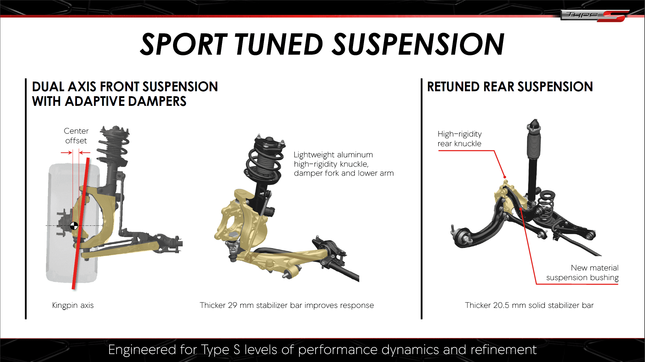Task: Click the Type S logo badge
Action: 594,15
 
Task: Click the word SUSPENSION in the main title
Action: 419,44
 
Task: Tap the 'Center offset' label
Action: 76,136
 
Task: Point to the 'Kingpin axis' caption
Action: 73,305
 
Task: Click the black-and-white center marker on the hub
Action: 74,226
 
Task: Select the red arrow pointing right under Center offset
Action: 66,152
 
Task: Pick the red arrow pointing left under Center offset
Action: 85,152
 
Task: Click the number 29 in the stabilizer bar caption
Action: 232,305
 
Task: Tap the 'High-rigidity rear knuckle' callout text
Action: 459,139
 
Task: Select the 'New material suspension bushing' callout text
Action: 582,273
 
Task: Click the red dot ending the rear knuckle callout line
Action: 505,177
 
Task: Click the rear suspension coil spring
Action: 546,205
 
